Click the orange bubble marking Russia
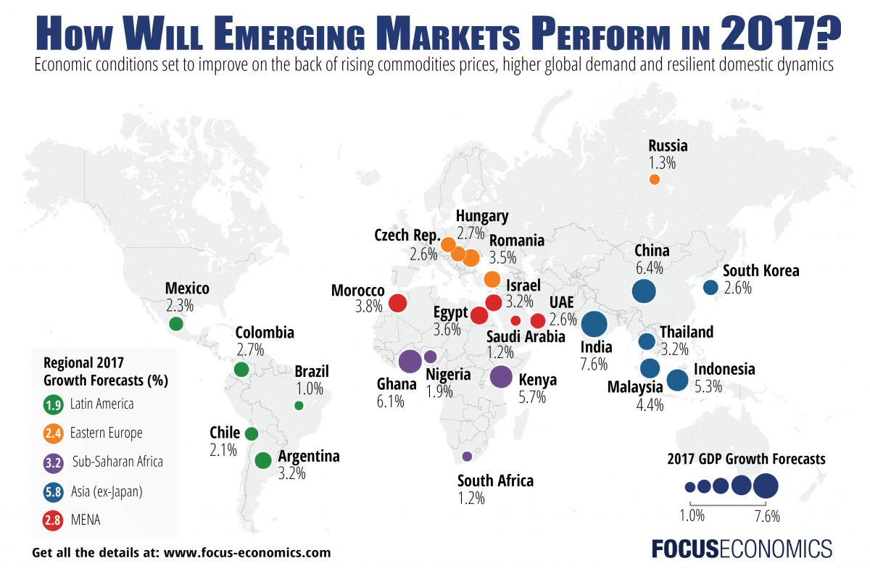(654, 179)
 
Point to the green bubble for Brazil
(299, 406)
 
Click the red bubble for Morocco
(397, 303)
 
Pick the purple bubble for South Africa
(467, 457)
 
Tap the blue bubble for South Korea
(710, 287)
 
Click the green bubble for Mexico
(175, 324)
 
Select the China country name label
(652, 251)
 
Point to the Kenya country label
(538, 380)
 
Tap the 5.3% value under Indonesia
(708, 386)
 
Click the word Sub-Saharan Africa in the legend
(117, 462)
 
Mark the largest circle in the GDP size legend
(766, 486)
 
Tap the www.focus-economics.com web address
(247, 552)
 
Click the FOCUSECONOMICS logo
(740, 547)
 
